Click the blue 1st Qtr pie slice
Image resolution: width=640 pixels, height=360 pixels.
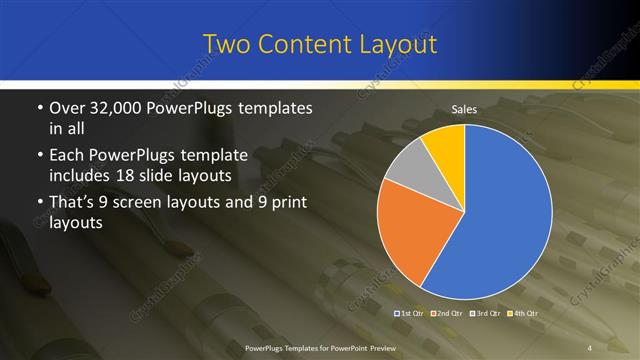(x=505, y=215)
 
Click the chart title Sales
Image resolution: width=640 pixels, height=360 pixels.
(x=464, y=110)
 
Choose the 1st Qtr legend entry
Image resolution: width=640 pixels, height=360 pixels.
(x=412, y=314)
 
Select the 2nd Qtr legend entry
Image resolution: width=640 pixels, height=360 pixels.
(x=451, y=314)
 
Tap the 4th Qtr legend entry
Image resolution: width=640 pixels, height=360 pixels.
(x=527, y=314)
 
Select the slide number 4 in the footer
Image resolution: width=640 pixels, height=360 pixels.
(x=590, y=347)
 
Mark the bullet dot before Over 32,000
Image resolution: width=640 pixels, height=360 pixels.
(x=38, y=108)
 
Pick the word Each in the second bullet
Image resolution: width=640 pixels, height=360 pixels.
(x=68, y=155)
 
